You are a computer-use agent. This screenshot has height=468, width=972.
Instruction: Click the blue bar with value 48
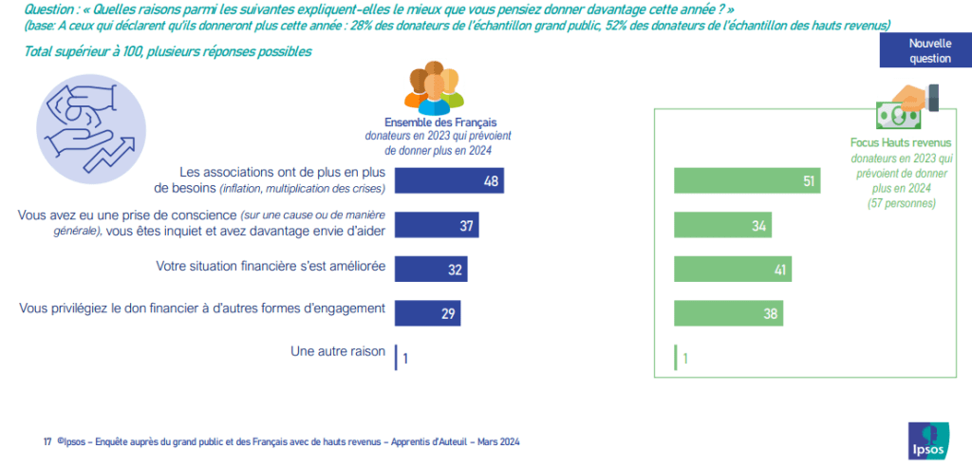(448, 180)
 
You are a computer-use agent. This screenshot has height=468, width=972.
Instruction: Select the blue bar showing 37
(436, 224)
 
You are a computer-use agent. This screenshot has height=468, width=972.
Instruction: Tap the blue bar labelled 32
(430, 269)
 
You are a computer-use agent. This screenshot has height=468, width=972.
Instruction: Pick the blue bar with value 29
(426, 312)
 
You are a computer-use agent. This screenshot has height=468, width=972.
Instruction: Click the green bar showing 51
(746, 180)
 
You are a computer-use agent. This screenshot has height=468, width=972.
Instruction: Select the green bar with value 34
(722, 225)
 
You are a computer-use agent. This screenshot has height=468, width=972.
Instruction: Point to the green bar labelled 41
(732, 269)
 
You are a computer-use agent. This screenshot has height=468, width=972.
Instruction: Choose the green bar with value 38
(728, 312)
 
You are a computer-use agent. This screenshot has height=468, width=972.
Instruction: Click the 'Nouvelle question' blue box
(929, 51)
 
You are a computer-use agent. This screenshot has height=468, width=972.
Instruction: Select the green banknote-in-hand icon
(907, 108)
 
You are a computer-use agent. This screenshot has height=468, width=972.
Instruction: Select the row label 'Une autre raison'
(337, 351)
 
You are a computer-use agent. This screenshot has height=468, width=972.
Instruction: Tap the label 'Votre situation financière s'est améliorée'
(270, 268)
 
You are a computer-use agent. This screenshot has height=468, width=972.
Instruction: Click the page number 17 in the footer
(47, 442)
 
